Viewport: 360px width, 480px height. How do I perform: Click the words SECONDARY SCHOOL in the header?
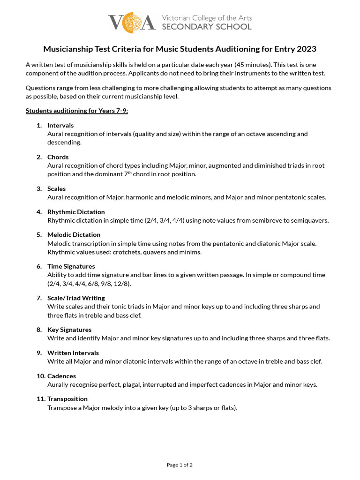pos(206,27)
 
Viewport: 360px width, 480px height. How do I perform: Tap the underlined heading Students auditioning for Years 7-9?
pos(76,111)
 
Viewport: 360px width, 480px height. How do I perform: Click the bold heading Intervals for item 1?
pos(60,125)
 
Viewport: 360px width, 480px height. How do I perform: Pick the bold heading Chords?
pos(58,157)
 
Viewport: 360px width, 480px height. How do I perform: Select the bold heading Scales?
pos(57,188)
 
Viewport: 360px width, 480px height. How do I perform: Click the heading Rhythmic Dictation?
pos(76,212)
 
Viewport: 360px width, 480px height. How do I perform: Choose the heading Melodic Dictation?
pos(74,234)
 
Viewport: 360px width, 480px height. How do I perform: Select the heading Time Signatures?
pos(71,266)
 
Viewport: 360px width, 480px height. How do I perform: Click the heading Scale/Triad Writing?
pos(76,298)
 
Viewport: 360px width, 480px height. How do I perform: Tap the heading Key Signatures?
pos(69,330)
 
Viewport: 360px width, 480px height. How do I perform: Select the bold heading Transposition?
pos(67,399)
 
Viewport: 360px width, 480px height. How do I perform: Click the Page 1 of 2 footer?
pos(180,465)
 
